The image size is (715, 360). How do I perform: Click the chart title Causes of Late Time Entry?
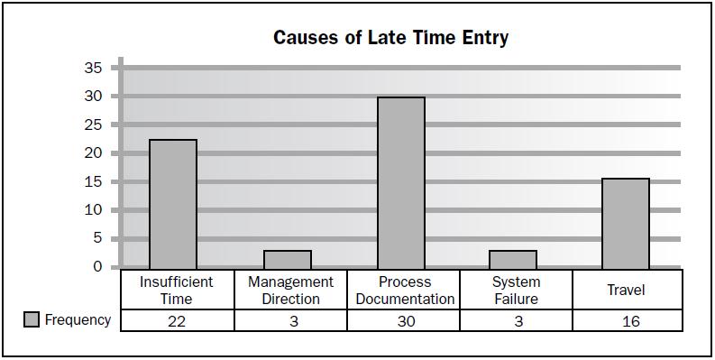[390, 38]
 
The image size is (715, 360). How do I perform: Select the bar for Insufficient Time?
[173, 204]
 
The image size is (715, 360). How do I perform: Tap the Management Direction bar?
[288, 259]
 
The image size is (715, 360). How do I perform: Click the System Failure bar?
[513, 259]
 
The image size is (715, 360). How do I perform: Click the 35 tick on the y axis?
[94, 68]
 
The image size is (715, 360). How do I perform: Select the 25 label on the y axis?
[94, 125]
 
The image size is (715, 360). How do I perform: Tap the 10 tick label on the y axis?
[94, 210]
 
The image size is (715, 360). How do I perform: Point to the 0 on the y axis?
[97, 267]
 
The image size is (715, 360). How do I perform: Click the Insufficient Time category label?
[177, 290]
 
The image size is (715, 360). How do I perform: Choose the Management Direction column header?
[290, 290]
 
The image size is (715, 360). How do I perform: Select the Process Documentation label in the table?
[403, 290]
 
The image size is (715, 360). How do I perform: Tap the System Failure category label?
[516, 290]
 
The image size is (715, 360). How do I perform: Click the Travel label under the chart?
[627, 290]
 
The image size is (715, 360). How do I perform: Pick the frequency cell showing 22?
[177, 321]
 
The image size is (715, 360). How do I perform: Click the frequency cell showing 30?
[403, 321]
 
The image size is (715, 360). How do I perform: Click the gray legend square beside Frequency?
[32, 320]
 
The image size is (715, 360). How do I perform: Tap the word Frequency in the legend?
[78, 320]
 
